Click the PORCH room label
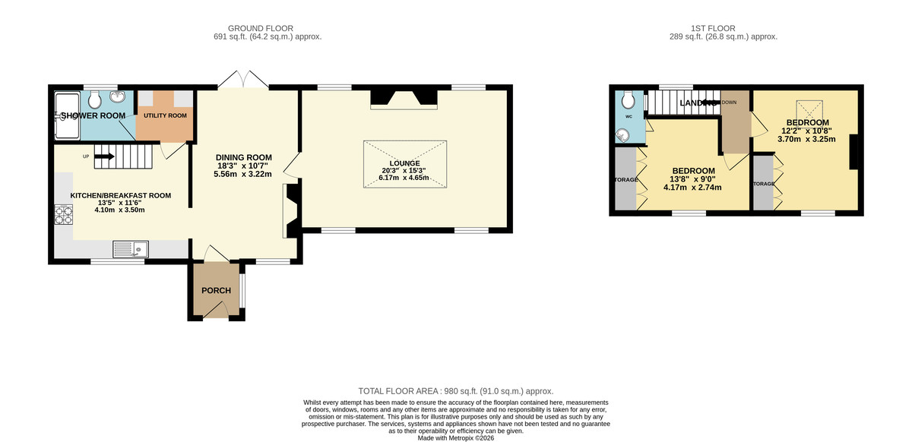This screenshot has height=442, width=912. (216, 291)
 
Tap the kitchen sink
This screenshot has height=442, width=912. (131, 248)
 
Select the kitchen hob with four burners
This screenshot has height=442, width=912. (62, 216)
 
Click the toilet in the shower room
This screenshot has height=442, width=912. (95, 99)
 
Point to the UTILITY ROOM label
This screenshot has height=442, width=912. (166, 115)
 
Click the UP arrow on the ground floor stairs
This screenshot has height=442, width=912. (104, 156)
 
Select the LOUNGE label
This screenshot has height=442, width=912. (404, 163)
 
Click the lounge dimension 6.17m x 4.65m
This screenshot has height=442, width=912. (405, 178)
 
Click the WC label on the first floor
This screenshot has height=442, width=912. (629, 117)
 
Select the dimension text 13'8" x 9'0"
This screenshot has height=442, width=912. (692, 179)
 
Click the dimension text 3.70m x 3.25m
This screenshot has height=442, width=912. (807, 139)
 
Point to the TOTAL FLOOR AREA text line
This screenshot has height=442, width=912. (456, 390)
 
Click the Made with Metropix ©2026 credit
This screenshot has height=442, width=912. (456, 437)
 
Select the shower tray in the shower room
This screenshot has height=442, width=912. (67, 115)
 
